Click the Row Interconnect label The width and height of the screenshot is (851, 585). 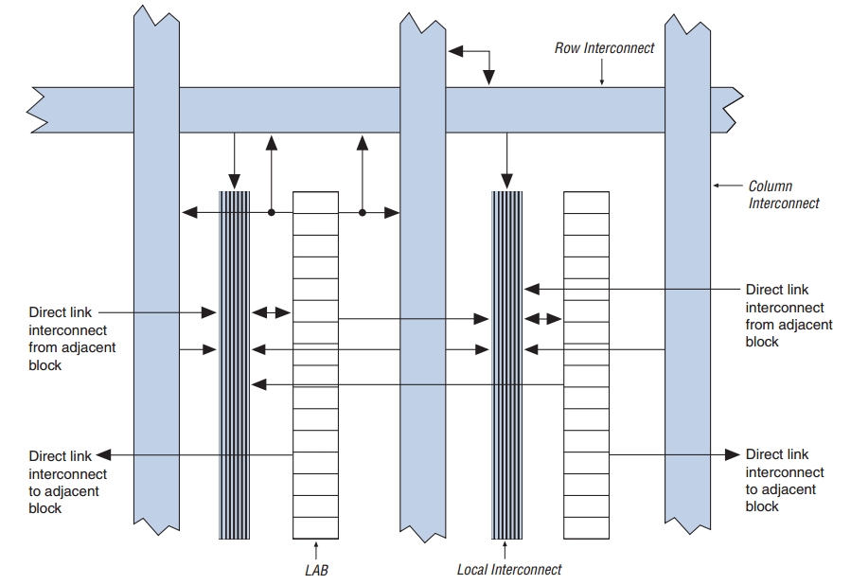pyautogui.click(x=604, y=48)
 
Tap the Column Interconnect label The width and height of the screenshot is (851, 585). pyautogui.click(x=784, y=194)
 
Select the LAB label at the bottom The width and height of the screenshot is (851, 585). pyautogui.click(x=316, y=571)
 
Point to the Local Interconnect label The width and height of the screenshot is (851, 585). pyautogui.click(x=509, y=569)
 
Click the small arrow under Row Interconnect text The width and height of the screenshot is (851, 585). pyautogui.click(x=601, y=72)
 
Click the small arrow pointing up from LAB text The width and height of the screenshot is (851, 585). pyautogui.click(x=316, y=550)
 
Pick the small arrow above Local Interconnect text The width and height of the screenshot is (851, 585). pyautogui.click(x=505, y=550)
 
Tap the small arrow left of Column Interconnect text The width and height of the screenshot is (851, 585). pyautogui.click(x=727, y=186)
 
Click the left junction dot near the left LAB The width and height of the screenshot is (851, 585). pyautogui.click(x=272, y=213)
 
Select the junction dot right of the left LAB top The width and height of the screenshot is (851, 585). pyautogui.click(x=363, y=213)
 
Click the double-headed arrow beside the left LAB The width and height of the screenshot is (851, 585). pyautogui.click(x=272, y=312)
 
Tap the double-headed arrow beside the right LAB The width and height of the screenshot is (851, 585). pyautogui.click(x=542, y=319)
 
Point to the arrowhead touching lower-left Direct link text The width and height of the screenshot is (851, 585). pyautogui.click(x=104, y=454)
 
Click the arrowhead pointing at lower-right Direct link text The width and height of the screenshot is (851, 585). pyautogui.click(x=733, y=454)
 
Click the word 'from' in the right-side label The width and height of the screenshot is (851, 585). pyautogui.click(x=759, y=325)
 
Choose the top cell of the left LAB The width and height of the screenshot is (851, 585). pyautogui.click(x=315, y=203)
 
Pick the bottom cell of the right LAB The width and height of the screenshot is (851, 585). pyautogui.click(x=586, y=528)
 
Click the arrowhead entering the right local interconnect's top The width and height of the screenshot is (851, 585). pyautogui.click(x=507, y=181)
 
